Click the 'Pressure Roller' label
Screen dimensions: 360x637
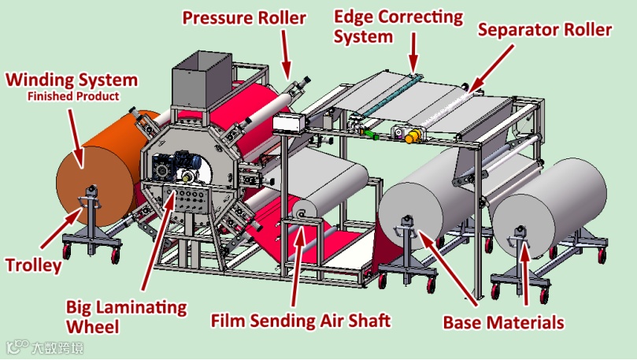coord(244,17)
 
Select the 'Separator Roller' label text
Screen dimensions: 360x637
coord(546,30)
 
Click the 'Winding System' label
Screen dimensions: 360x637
coord(72,80)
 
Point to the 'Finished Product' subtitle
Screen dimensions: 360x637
coord(73,96)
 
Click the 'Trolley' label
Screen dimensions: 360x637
coord(32,265)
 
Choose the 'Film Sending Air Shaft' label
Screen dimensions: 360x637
coord(301,321)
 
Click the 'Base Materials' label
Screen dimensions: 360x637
coord(504,322)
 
